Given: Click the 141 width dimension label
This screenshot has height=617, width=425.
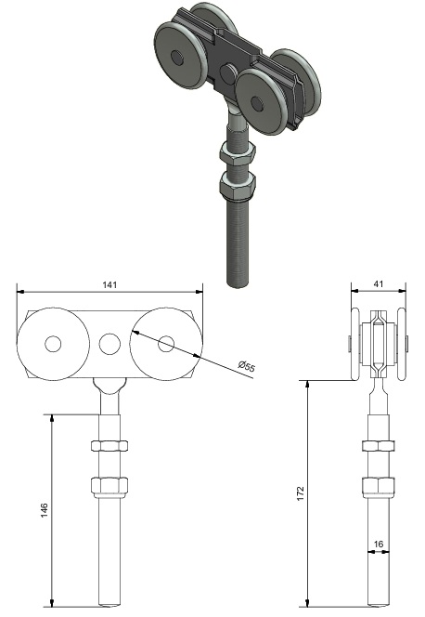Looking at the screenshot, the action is pyautogui.click(x=109, y=284).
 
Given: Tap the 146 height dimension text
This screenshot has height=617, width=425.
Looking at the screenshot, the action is pyautogui.click(x=45, y=509).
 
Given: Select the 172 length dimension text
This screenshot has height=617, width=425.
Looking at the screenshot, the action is pyautogui.click(x=301, y=493).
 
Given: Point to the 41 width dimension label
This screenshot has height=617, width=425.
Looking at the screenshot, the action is pyautogui.click(x=379, y=283).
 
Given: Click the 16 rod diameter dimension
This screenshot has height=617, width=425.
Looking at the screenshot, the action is pyautogui.click(x=379, y=545).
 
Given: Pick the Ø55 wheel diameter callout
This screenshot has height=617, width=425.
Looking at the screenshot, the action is pyautogui.click(x=247, y=365).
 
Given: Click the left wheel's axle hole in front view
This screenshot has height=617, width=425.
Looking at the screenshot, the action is pyautogui.click(x=53, y=344).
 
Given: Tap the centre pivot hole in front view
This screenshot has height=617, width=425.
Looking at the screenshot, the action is pyautogui.click(x=109, y=344).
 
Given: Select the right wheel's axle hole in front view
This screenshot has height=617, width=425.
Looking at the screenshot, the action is pyautogui.click(x=166, y=344).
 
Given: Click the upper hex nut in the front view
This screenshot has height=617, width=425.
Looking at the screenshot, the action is pyautogui.click(x=109, y=445).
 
